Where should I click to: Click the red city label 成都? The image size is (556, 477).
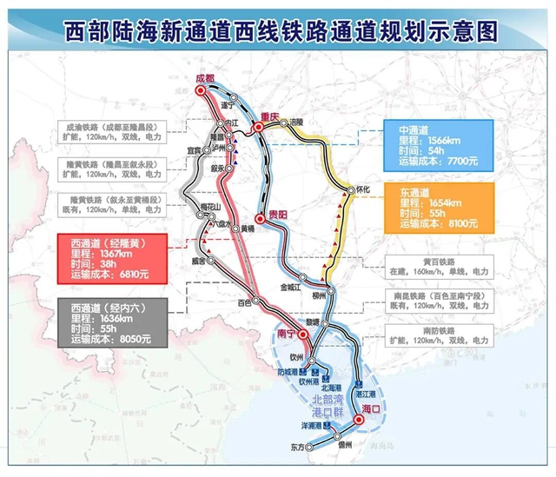pyautogui.click(x=204, y=78)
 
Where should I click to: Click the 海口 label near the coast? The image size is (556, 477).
pyautogui.click(x=372, y=407)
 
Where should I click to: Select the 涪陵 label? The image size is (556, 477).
pyautogui.click(x=298, y=123)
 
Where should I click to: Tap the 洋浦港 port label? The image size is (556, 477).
pyautogui.click(x=313, y=426)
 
